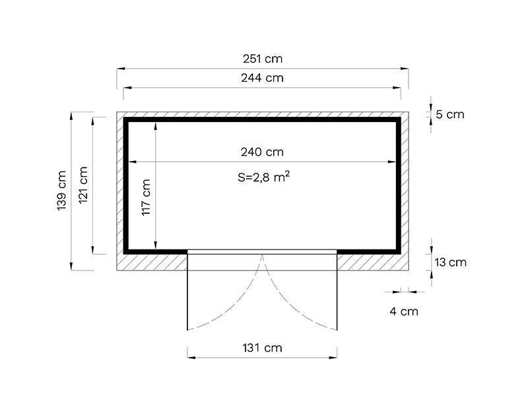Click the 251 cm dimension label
262,59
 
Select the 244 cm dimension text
262,78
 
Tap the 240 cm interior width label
262,152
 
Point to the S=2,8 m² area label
262,177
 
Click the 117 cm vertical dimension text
147,197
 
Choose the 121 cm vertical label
84,185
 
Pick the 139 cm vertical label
62,191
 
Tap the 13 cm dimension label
450,262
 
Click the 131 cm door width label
262,347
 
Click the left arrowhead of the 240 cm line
131,161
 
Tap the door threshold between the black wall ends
262,251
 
